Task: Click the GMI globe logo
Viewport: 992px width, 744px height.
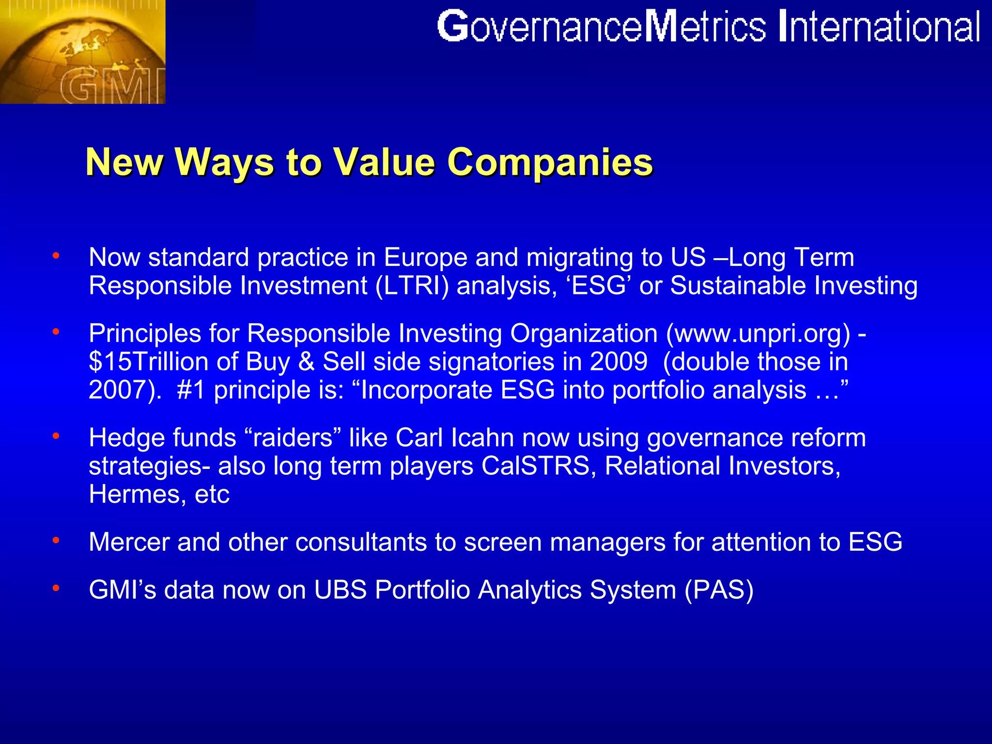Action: [x=82, y=51]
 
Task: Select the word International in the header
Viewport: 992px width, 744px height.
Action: [x=879, y=27]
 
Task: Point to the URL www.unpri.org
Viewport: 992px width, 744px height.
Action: [x=758, y=334]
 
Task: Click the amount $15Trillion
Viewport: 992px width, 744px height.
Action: [x=149, y=362]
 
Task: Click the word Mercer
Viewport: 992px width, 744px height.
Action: [x=129, y=542]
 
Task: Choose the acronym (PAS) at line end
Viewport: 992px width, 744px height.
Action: [x=719, y=590]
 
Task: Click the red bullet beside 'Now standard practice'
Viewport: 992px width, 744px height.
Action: [x=56, y=255]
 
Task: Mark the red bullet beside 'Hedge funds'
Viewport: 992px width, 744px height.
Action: [x=56, y=436]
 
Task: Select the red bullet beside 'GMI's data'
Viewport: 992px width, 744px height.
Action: [x=56, y=588]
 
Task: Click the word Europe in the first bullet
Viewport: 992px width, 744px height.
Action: [x=426, y=257]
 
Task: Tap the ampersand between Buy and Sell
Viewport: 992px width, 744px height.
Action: [x=307, y=362]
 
